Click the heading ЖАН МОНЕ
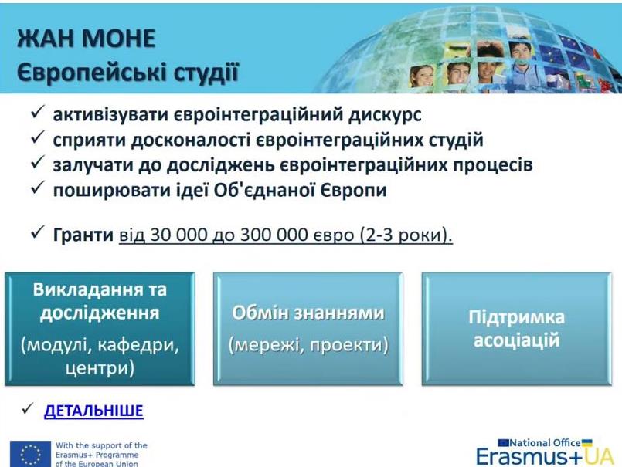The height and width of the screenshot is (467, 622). click(86, 39)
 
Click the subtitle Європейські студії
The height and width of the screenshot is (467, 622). click(127, 73)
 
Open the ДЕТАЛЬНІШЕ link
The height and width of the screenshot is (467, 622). click(93, 411)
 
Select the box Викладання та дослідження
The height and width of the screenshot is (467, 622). click(100, 329)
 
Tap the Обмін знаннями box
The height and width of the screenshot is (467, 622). click(308, 329)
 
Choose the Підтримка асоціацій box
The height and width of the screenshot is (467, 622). click(516, 329)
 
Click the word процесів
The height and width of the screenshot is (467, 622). click(493, 165)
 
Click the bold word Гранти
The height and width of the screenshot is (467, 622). click(83, 235)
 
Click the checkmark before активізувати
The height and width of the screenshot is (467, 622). click(38, 113)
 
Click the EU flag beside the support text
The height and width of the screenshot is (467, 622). click(31, 454)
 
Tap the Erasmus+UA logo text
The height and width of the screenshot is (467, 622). click(545, 457)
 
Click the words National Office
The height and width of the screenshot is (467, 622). click(545, 443)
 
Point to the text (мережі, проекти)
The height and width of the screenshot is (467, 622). click(308, 345)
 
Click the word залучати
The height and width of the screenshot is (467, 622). click(93, 165)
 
